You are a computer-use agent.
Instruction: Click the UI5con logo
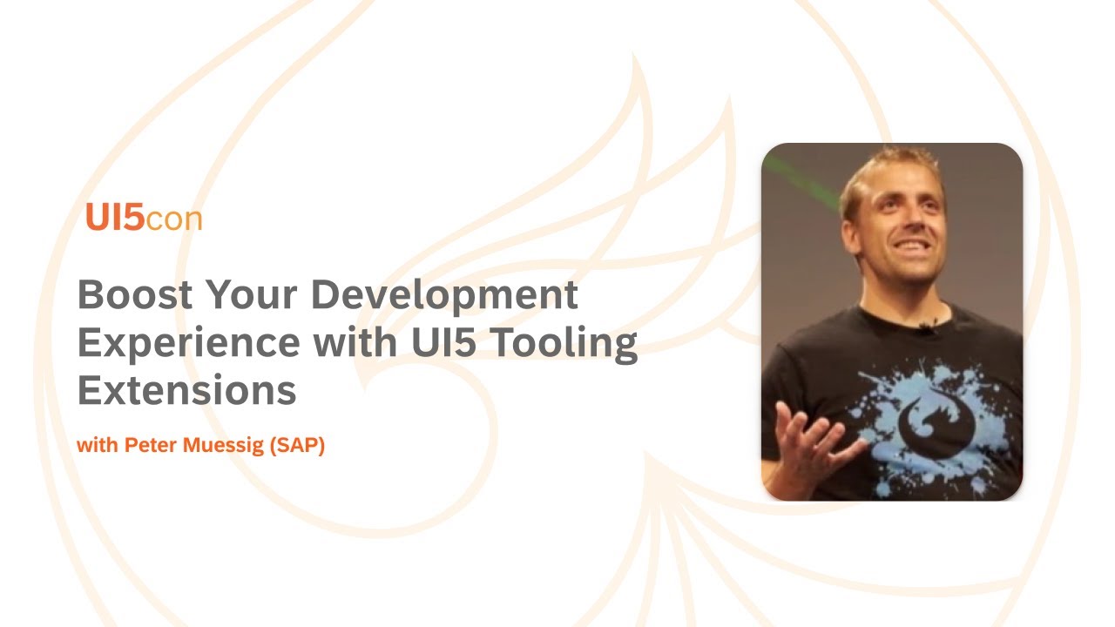coord(144,218)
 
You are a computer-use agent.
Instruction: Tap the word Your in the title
coord(252,295)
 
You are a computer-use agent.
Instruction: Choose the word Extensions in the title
coord(186,391)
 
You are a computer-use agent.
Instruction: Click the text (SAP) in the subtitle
coord(297,447)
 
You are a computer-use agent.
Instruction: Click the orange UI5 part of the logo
coord(114,218)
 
